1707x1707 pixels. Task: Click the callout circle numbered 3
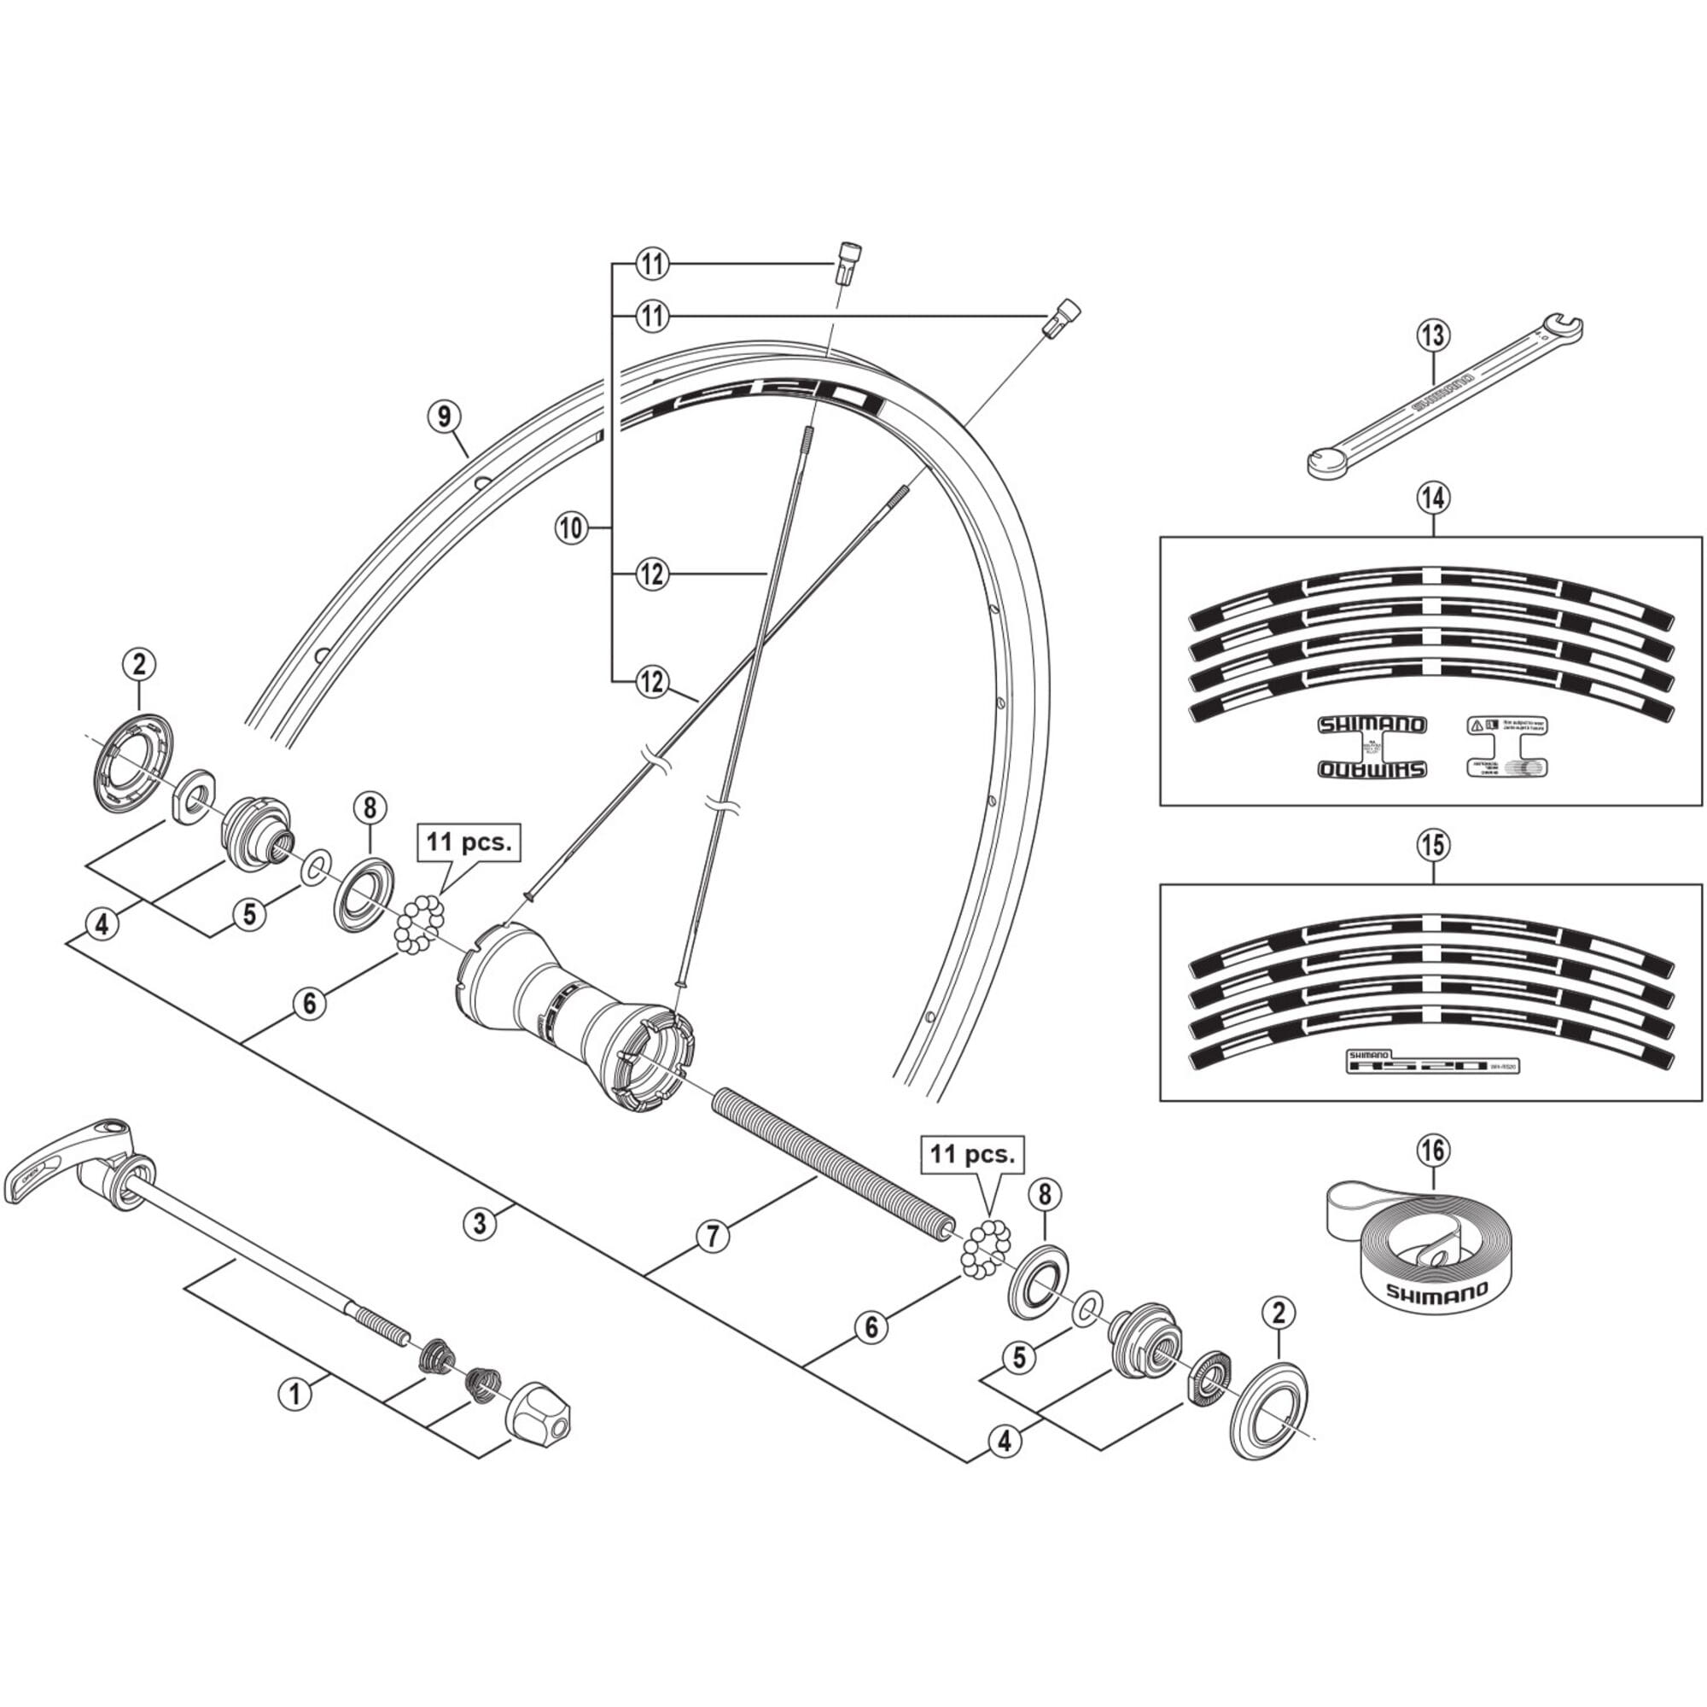480,1224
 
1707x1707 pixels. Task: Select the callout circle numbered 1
295,1395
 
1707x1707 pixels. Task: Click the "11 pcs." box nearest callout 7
972,1156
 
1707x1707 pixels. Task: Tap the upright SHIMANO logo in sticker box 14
1372,725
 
